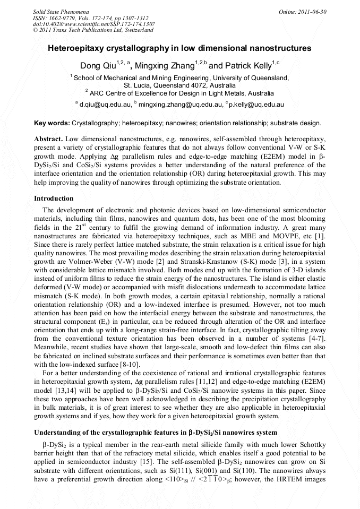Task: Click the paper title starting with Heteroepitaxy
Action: click(x=179, y=48)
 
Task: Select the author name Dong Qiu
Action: click(x=97, y=66)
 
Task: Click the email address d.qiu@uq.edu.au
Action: click(x=105, y=105)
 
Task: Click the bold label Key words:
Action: click(x=52, y=123)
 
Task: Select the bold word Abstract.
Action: click(x=48, y=138)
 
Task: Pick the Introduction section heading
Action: click(x=54, y=198)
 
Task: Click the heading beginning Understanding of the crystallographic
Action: click(x=153, y=431)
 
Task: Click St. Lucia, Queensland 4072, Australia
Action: click(x=179, y=85)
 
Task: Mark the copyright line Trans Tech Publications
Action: click(x=93, y=30)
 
